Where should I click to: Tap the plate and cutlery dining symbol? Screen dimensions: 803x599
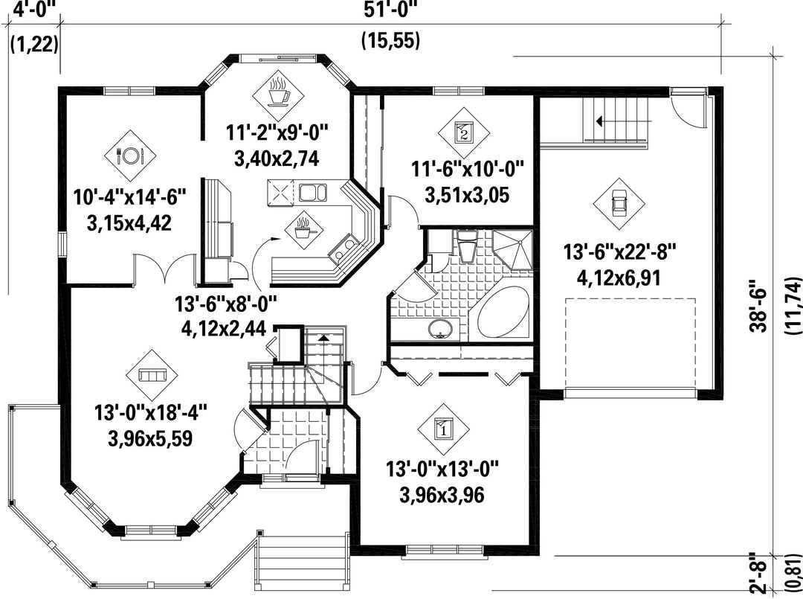[x=130, y=155]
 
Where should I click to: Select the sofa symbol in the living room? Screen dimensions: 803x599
[x=152, y=376]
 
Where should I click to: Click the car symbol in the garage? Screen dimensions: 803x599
[x=619, y=203]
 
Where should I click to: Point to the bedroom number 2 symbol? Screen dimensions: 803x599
[x=463, y=132]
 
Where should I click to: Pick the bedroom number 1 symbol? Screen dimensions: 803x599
[x=443, y=429]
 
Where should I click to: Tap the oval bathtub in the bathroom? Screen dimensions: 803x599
[x=503, y=313]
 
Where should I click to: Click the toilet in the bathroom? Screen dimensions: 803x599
[x=466, y=246]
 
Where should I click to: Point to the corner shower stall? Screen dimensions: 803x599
[x=512, y=249]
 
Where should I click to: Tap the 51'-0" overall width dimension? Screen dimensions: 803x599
[x=391, y=9]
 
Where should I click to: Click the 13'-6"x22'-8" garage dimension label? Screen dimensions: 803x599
[x=619, y=252]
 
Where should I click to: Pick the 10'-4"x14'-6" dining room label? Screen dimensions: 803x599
[x=129, y=196]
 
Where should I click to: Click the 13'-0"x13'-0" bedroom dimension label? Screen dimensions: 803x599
[x=442, y=469]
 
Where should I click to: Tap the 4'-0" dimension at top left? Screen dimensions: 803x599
[x=33, y=9]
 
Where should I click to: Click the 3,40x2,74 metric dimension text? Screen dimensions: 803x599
[x=277, y=158]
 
